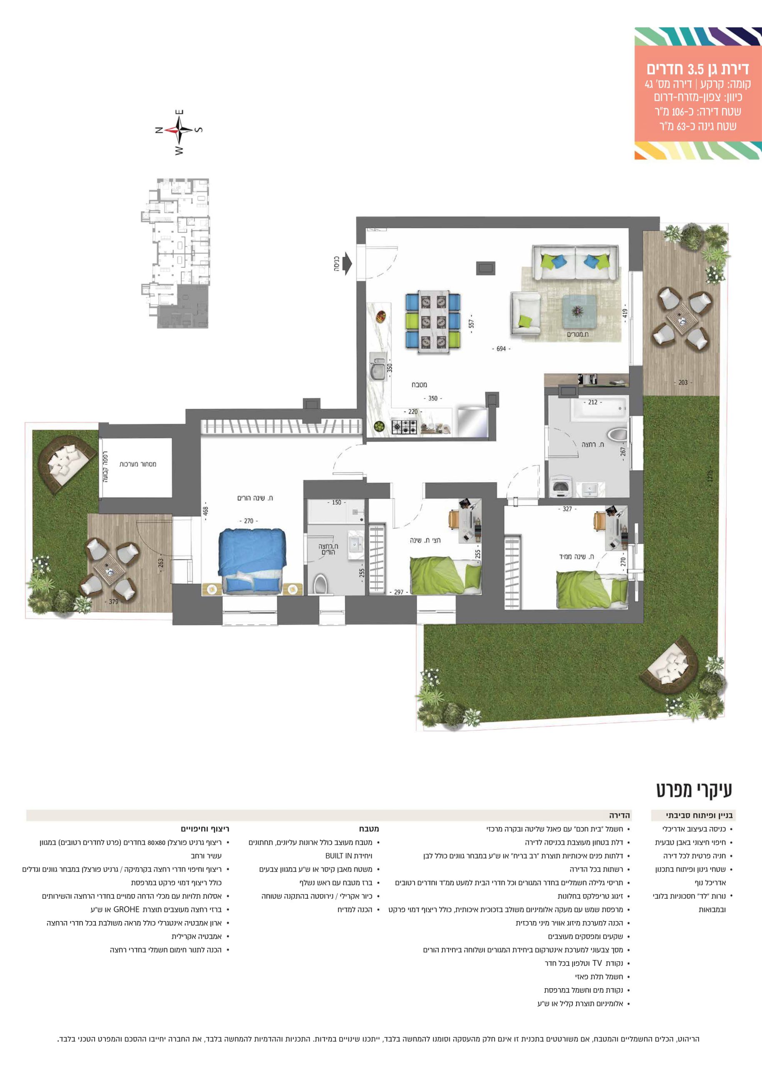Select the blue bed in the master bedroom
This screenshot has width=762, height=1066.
pyautogui.click(x=252, y=561)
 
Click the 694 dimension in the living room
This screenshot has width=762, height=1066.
pyautogui.click(x=501, y=349)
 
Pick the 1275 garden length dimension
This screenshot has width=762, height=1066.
pyautogui.click(x=710, y=476)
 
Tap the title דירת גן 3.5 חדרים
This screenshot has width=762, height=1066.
pyautogui.click(x=697, y=70)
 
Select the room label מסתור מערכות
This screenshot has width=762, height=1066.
pyautogui.click(x=137, y=464)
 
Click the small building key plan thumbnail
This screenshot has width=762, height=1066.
pyautogui.click(x=175, y=253)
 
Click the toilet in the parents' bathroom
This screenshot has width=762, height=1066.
pyautogui.click(x=320, y=584)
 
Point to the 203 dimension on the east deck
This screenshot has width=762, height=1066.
pyautogui.click(x=683, y=382)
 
